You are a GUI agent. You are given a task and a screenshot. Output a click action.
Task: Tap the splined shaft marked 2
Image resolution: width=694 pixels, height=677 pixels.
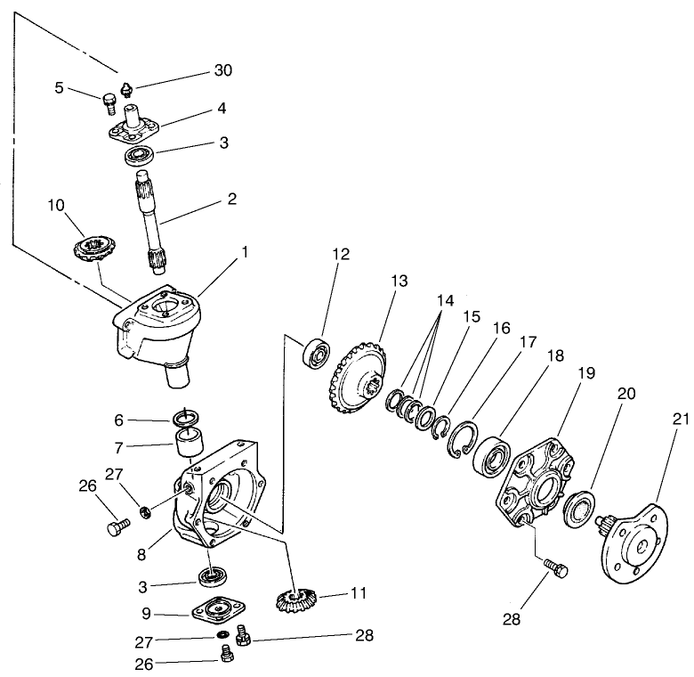tap(150, 223)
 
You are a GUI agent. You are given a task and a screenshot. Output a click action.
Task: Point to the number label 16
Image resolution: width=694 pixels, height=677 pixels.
tap(501, 329)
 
